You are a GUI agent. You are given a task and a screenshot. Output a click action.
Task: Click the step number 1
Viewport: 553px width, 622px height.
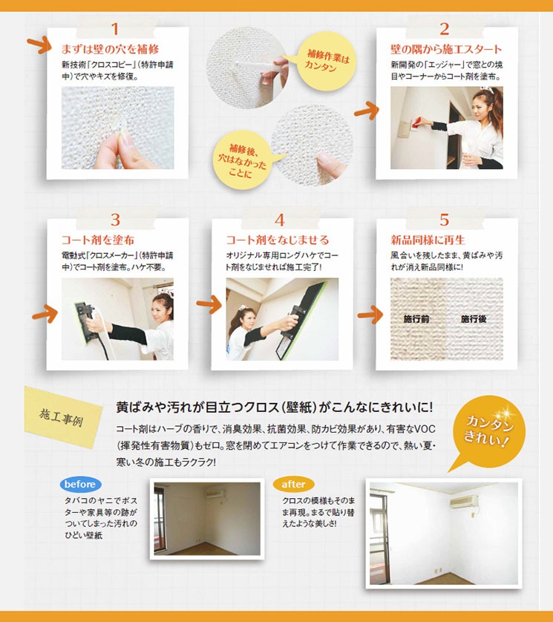click(114, 29)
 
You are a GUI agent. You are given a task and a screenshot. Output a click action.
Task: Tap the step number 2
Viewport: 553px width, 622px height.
click(445, 29)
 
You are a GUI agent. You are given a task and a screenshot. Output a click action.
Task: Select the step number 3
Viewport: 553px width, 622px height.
click(115, 220)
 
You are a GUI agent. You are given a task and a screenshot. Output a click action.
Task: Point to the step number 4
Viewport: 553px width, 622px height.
click(280, 220)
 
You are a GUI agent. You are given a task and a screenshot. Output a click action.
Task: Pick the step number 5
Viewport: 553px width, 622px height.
click(445, 220)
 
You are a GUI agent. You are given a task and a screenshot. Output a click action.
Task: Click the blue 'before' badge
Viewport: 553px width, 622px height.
click(80, 485)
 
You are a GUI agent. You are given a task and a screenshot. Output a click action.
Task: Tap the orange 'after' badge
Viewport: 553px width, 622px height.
click(293, 485)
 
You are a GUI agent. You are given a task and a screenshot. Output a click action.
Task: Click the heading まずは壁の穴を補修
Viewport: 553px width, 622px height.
click(110, 49)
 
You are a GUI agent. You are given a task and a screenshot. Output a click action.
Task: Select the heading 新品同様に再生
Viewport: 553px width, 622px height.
click(428, 240)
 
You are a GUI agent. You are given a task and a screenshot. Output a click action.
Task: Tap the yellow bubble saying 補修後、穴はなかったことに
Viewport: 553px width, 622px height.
click(242, 160)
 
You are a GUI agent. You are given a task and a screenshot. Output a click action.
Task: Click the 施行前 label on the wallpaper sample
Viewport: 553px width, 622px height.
click(416, 319)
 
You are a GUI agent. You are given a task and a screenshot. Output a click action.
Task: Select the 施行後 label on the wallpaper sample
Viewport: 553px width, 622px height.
click(474, 319)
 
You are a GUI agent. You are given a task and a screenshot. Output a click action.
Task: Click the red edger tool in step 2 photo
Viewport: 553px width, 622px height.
click(417, 122)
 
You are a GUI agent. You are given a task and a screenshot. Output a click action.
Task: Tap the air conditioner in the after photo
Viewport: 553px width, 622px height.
click(464, 502)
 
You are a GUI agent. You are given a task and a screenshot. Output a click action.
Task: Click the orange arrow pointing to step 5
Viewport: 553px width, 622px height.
click(370, 315)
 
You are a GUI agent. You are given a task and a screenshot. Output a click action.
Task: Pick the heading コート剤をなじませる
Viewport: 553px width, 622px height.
click(278, 240)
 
